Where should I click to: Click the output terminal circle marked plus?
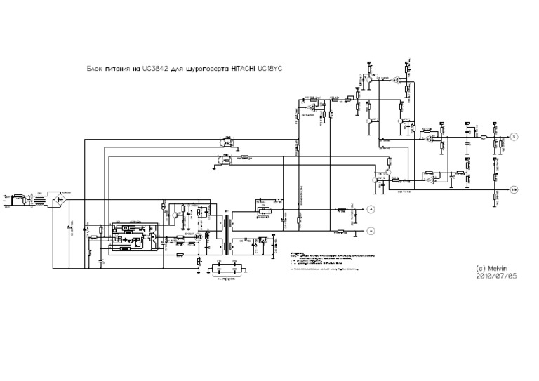coord(372,210)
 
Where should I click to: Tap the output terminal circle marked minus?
coord(372,229)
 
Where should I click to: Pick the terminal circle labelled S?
coord(513,136)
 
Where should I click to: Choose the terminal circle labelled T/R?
coord(513,189)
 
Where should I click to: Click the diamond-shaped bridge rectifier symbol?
coord(60,202)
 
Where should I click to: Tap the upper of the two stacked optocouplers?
coord(225,142)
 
